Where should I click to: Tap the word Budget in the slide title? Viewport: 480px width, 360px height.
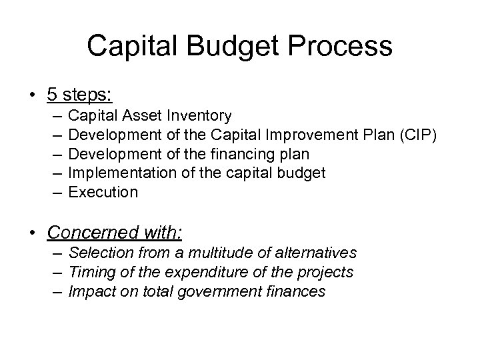tap(225, 46)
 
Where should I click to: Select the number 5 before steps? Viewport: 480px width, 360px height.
tap(52, 93)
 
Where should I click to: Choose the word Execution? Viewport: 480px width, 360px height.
tap(103, 192)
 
